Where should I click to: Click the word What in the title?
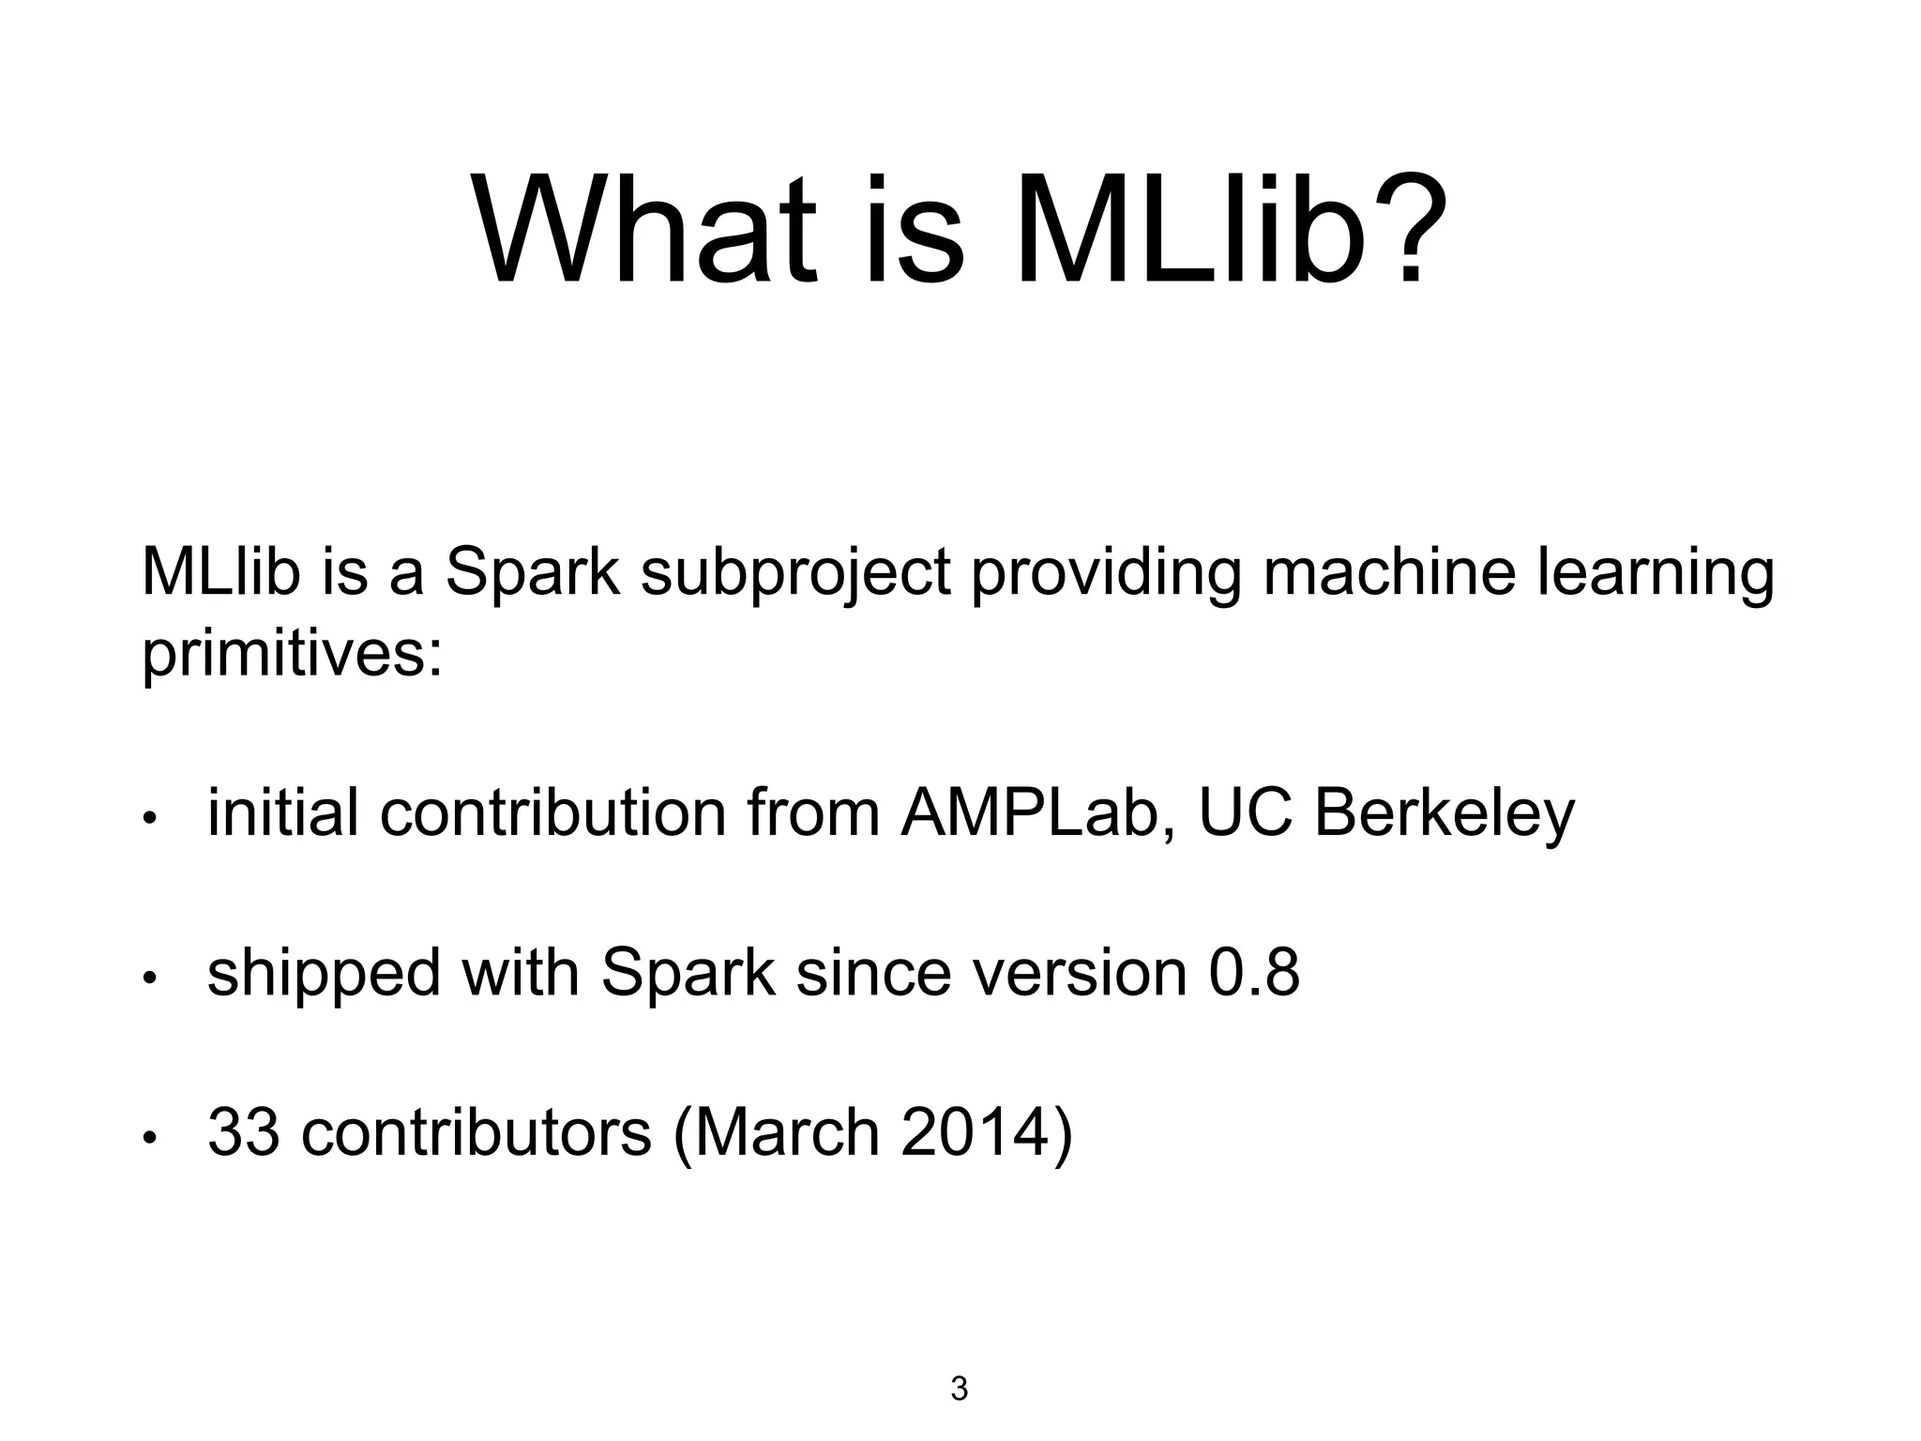click(646, 230)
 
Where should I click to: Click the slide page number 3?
click(959, 1388)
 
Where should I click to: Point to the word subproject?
click(795, 572)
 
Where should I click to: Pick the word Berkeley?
click(1444, 814)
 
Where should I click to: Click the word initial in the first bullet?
click(282, 812)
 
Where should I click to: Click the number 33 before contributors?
click(243, 1132)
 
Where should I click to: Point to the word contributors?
click(476, 1132)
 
